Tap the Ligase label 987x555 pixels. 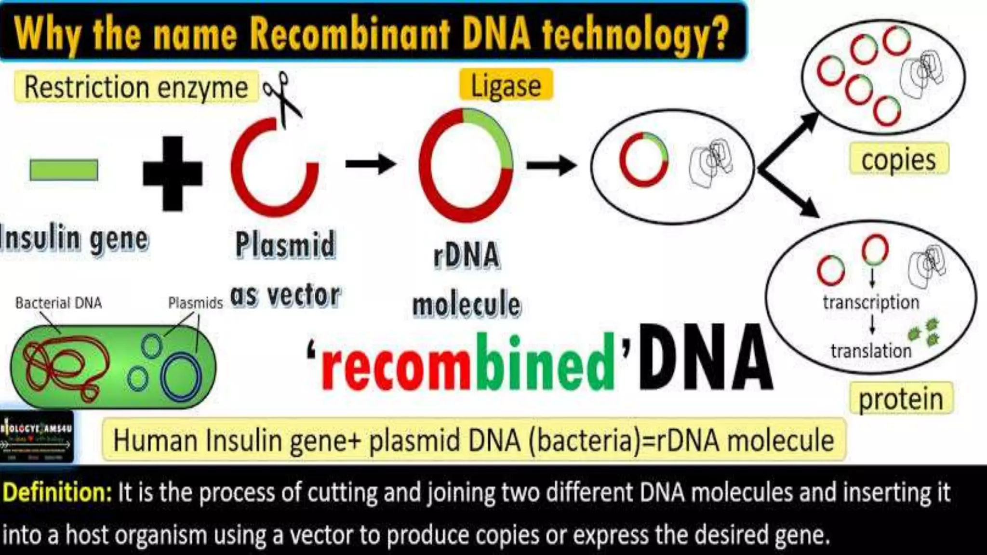506,86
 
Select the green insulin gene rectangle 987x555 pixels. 64,170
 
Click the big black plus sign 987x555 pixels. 173,173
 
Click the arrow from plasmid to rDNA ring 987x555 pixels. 370,164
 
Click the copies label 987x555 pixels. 898,159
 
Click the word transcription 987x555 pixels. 871,303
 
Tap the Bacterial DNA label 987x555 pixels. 58,303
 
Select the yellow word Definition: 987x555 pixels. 57,492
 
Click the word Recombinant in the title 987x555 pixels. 350,34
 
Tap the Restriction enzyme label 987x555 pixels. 136,87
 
